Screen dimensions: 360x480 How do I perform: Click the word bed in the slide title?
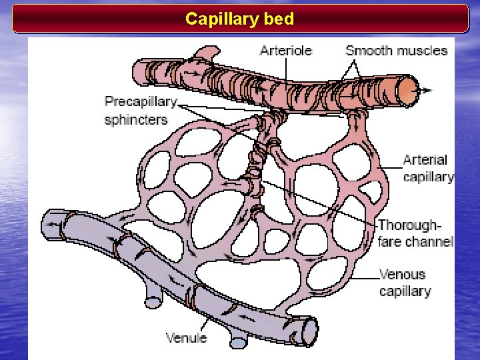279,19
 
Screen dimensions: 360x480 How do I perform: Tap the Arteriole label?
285,51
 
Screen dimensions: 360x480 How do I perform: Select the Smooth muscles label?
396,51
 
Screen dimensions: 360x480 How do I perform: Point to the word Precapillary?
141,102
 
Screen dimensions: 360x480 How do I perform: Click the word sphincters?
136,120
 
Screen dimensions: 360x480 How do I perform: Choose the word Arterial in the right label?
425,160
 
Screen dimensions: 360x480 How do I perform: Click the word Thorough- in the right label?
409,225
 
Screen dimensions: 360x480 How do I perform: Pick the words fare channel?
415,241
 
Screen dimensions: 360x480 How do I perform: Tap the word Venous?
402,274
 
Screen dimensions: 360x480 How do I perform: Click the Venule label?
186,338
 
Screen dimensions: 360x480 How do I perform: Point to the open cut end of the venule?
309,331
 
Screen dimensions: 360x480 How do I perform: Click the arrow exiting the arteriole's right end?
425,91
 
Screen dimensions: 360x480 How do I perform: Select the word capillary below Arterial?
429,177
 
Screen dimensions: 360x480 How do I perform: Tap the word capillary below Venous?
405,291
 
